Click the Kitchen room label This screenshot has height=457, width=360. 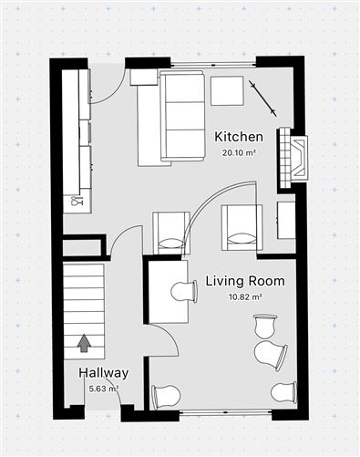[x=239, y=137]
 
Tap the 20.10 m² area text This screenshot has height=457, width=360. [x=238, y=152]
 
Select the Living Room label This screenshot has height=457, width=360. [x=245, y=281]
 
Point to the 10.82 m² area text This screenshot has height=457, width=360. [x=245, y=296]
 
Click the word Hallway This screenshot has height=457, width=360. [x=104, y=373]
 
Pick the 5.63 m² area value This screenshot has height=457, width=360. [x=104, y=389]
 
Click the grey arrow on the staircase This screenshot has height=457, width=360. [x=84, y=343]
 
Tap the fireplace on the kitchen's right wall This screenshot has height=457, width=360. [x=293, y=158]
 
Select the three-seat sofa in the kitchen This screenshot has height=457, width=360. [x=181, y=116]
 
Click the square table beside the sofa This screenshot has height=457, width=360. [x=227, y=91]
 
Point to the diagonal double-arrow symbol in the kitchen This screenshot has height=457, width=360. [x=262, y=99]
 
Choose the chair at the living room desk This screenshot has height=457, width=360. [x=184, y=292]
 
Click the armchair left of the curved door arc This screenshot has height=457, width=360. [x=171, y=233]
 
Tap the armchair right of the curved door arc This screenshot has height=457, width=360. [x=242, y=228]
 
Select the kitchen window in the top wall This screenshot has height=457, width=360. [x=213, y=65]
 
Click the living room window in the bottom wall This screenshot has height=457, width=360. [x=225, y=412]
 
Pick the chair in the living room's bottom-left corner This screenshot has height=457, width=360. [x=166, y=397]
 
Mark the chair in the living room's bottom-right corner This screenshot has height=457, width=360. [x=283, y=392]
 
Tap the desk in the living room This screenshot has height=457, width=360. [x=168, y=292]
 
